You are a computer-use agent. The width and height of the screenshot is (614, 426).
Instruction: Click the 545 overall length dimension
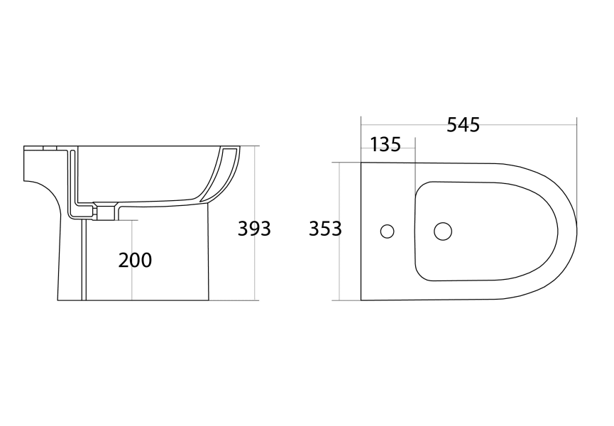[x=463, y=125]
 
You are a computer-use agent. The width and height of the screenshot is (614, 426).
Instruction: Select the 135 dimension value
[x=386, y=145]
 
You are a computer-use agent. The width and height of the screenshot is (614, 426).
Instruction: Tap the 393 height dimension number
[x=254, y=229]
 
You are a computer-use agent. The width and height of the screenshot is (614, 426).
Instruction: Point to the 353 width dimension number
[x=325, y=229]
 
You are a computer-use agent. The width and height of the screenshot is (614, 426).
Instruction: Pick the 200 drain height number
[x=135, y=261]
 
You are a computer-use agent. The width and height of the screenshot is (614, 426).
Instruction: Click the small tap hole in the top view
[x=387, y=231]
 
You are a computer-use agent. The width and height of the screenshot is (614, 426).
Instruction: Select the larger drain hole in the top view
[x=442, y=231]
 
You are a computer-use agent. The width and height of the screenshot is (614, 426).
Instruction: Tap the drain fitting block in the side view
[x=105, y=211]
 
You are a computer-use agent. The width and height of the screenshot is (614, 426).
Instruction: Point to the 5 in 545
[x=452, y=125]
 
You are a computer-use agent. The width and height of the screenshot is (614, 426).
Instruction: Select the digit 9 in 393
[x=254, y=229]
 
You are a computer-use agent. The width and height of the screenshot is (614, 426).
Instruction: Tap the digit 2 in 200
[x=124, y=261]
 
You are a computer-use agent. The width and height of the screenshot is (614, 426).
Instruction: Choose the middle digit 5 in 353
[x=325, y=229]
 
